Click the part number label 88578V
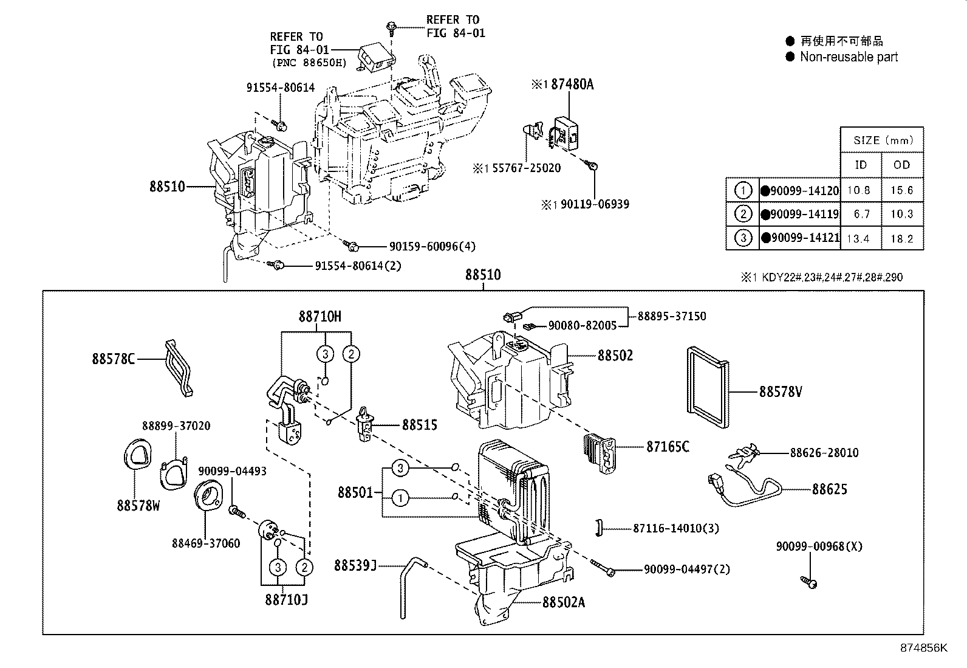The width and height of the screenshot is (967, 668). tap(781, 392)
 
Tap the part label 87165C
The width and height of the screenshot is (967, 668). tap(668, 447)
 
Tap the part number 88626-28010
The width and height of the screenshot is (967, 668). tap(824, 453)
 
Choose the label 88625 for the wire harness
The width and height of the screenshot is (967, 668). tap(829, 489)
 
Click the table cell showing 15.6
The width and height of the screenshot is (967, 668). tap(901, 190)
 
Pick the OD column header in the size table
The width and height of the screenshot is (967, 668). tap(901, 165)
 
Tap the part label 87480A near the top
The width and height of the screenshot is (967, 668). tap(572, 84)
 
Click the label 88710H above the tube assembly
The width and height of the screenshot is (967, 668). tap(319, 316)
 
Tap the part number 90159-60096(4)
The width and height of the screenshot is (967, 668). tap(432, 246)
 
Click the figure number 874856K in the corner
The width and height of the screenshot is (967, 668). tap(923, 648)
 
